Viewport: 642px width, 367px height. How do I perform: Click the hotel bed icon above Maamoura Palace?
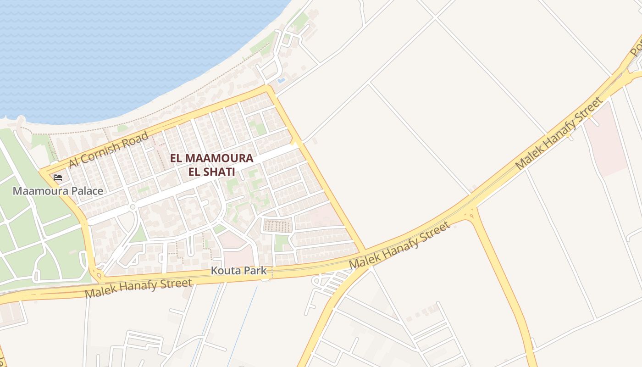click(x=58, y=177)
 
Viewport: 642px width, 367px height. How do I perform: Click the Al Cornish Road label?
click(x=108, y=150)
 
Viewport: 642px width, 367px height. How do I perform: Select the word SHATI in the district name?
click(x=219, y=172)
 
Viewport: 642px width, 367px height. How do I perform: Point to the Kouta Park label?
click(x=238, y=271)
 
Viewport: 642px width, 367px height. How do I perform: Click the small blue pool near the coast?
click(x=281, y=80)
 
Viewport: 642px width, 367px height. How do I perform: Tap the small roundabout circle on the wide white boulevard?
click(x=133, y=207)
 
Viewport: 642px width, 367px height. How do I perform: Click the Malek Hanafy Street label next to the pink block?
click(x=559, y=133)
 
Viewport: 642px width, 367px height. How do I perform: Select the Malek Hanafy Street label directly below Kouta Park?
click(x=138, y=288)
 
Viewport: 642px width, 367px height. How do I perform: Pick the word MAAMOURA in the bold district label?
click(x=219, y=158)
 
